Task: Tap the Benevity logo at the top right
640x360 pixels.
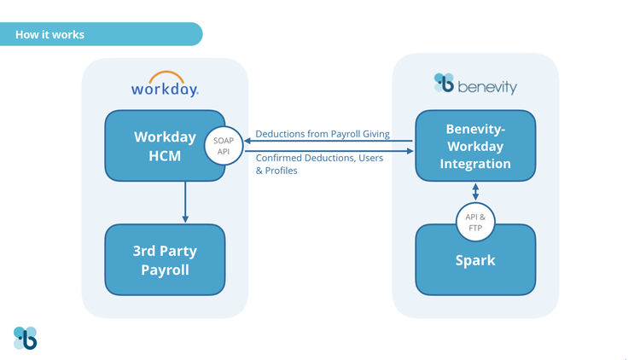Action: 475,84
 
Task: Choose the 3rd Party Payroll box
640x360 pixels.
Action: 165,259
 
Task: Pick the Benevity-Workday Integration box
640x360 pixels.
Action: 475,147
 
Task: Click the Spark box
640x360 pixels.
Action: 475,259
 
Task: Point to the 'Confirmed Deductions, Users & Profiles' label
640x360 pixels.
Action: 319,164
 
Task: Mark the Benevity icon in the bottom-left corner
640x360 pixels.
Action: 26,338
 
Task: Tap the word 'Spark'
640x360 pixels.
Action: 475,260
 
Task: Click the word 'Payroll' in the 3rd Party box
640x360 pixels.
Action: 165,270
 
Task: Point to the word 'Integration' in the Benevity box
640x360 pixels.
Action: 475,163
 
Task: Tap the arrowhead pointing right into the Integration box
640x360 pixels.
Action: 410,152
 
